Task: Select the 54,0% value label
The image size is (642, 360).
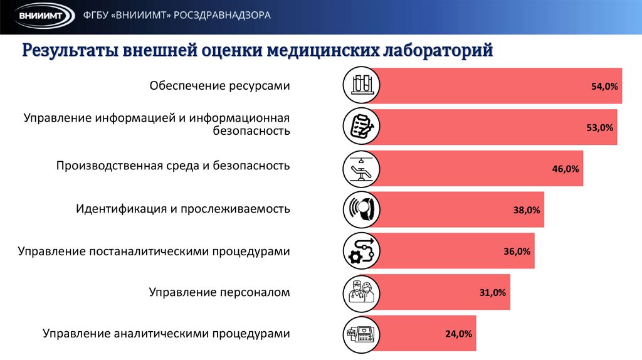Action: pyautogui.click(x=604, y=87)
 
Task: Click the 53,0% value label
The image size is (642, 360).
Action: pyautogui.click(x=599, y=127)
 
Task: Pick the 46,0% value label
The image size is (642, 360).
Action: pyautogui.click(x=566, y=169)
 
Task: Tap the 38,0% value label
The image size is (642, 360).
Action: pyautogui.click(x=527, y=210)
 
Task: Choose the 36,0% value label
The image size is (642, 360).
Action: pyautogui.click(x=517, y=251)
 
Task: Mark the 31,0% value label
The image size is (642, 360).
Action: pyautogui.click(x=492, y=293)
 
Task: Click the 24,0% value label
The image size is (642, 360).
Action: pyautogui.click(x=458, y=334)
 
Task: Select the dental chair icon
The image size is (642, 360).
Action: pyautogui.click(x=362, y=169)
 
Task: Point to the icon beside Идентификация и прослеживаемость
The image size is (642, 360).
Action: pyautogui.click(x=362, y=210)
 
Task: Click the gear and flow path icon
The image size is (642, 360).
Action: pyautogui.click(x=362, y=251)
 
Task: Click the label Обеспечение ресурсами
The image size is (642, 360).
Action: pyautogui.click(x=219, y=86)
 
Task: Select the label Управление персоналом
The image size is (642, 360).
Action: pyautogui.click(x=219, y=292)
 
